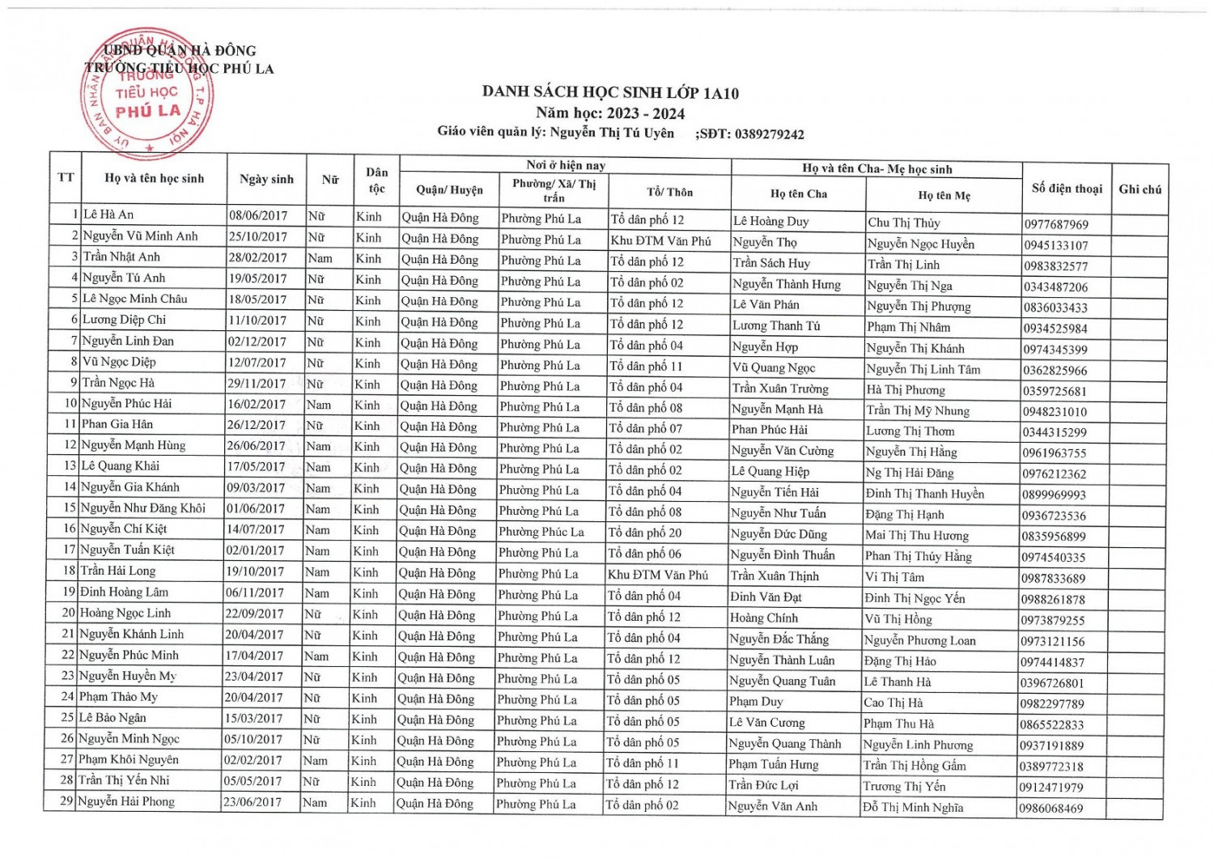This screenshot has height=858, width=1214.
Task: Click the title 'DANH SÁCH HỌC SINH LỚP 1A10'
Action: point(610,92)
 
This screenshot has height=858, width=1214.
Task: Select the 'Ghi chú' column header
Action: point(1140,189)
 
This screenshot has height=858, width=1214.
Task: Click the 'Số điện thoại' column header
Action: point(1067,189)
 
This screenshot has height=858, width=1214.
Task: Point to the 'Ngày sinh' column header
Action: point(266,179)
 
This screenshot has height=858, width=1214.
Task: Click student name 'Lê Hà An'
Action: point(108,214)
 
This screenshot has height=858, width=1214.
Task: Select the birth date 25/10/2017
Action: point(257,236)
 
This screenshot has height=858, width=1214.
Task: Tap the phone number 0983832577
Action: point(1055,266)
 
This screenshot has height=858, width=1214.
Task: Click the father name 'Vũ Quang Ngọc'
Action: point(774,367)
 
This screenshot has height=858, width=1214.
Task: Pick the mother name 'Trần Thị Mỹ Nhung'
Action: point(918,410)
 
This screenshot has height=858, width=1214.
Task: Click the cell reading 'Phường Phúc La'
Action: point(541,532)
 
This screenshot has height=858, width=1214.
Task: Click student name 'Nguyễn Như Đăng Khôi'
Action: point(143,508)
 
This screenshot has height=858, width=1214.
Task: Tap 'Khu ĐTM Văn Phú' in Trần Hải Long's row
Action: point(657,575)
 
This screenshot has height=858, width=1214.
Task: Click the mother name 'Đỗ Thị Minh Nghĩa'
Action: point(913,807)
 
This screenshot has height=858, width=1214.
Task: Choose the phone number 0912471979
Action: point(1051,787)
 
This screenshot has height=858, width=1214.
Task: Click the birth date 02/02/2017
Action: point(253,760)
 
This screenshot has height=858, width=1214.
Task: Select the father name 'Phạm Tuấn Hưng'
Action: point(773,764)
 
